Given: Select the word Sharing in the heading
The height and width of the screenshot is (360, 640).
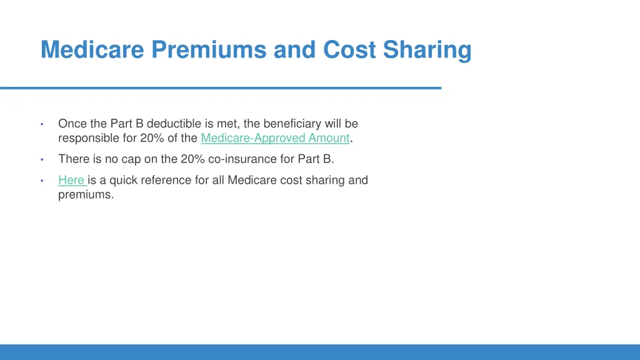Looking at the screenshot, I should point(427,50).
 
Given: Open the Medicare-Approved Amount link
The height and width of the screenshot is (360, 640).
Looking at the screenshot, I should point(275,138).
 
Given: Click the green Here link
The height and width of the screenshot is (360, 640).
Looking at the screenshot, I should point(71,180).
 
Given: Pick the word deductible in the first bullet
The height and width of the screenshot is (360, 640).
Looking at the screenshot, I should point(174,124).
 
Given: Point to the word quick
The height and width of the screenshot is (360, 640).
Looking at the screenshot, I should point(125,180).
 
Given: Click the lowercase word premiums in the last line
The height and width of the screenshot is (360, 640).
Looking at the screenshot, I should point(86,194).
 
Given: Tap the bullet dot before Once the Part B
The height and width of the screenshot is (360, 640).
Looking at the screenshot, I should point(41,124).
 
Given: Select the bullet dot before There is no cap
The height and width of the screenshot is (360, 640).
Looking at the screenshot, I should point(41,159).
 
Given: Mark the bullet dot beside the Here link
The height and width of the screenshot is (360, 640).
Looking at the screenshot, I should point(41,181).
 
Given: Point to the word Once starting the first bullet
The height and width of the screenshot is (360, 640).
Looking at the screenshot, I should point(72,124).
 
